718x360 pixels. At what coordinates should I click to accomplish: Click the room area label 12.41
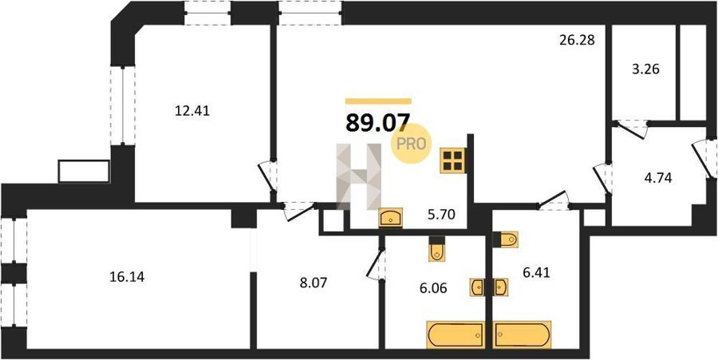tap(192, 111)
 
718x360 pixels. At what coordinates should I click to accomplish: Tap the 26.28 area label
tap(577, 40)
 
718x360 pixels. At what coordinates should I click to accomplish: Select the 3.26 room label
tap(645, 70)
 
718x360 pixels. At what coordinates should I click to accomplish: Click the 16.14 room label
tap(128, 277)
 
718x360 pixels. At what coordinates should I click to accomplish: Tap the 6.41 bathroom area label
tap(536, 274)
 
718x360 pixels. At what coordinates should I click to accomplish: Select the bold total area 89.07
tap(377, 123)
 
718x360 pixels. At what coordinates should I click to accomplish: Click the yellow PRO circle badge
tap(411, 144)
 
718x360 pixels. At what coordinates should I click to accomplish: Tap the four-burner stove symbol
tap(453, 160)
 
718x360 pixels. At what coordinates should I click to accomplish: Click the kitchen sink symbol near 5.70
tap(391, 218)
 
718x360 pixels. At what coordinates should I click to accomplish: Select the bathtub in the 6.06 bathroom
tap(456, 334)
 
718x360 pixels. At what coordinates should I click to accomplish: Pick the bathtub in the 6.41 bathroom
tap(522, 334)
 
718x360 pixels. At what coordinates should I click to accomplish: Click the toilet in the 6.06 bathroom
tap(436, 249)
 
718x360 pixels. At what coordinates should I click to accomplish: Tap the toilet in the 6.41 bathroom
tap(506, 239)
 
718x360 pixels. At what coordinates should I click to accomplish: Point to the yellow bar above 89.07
tap(378, 101)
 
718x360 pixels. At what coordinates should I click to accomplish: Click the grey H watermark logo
tap(359, 176)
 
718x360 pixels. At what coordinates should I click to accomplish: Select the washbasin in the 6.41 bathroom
tap(501, 287)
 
